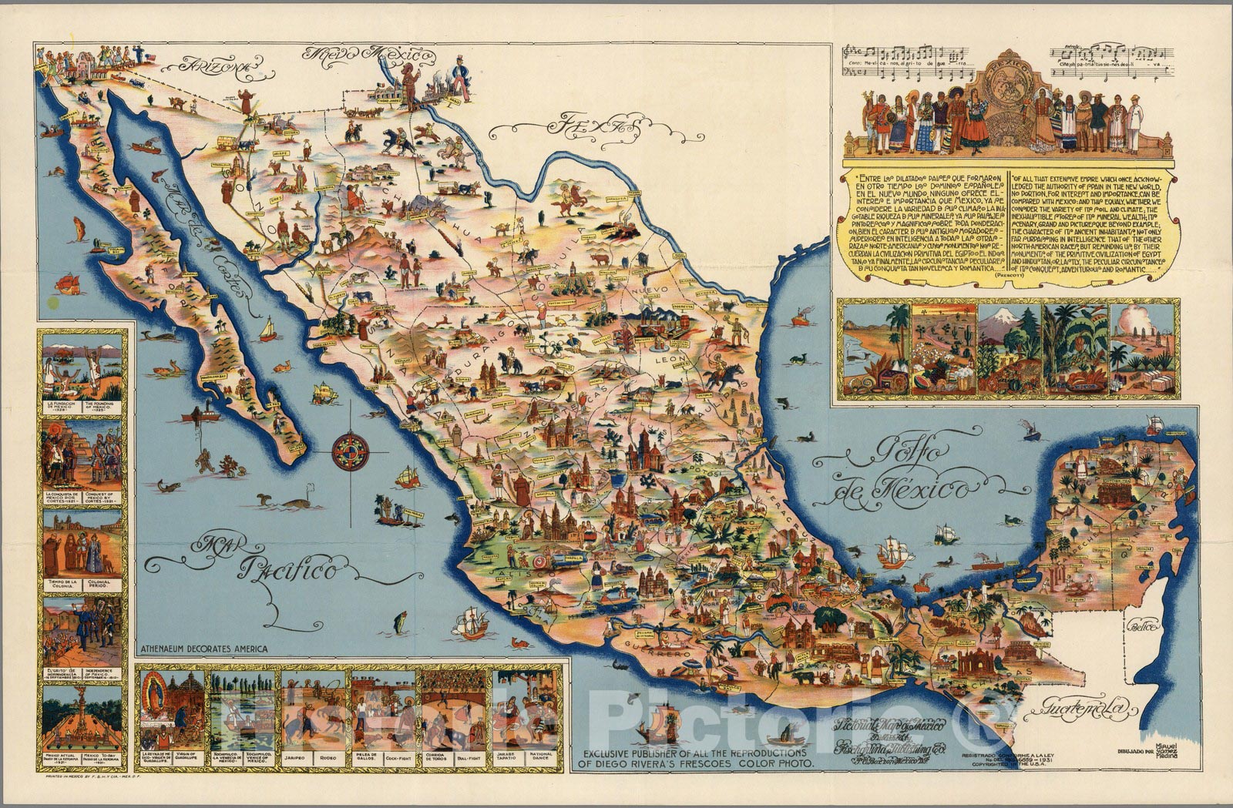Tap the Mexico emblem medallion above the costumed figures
coord(1009,77)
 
